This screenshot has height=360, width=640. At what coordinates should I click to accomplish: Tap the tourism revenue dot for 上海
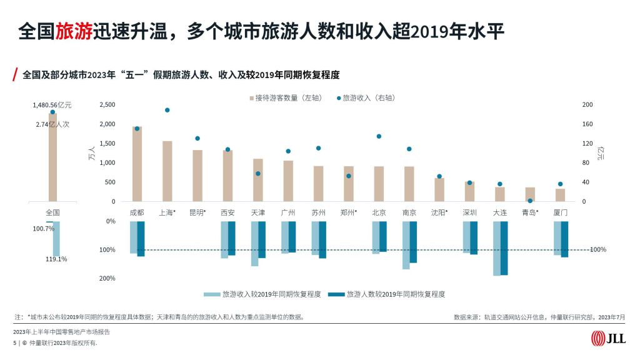coord(167,110)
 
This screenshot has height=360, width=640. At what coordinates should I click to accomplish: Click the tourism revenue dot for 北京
coord(379,136)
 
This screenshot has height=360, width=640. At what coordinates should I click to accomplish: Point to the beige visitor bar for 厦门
coord(560,195)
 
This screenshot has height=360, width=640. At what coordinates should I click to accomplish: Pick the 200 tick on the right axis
coord(587,105)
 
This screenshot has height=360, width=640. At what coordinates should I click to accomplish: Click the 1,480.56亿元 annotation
coord(53,105)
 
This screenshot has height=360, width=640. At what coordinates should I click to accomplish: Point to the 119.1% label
coord(56,259)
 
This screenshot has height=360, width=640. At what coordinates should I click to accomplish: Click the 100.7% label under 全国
coord(43,229)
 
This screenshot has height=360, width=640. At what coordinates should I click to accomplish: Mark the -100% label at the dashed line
coord(597,250)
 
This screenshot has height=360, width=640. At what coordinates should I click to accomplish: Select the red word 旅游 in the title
coord(74,31)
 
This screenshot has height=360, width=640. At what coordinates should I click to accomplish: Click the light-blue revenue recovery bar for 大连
coord(497,248)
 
